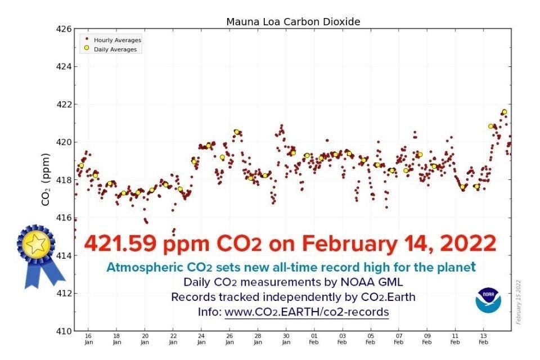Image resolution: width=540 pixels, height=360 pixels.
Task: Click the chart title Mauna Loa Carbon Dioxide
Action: pos(292,22)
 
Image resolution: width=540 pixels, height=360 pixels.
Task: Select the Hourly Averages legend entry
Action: pos(117,40)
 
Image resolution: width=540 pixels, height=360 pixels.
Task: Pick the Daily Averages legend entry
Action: pos(115,49)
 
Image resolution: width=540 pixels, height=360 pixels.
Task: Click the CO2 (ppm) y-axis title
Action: pos(47,179)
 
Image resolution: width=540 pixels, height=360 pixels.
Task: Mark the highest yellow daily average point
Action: pos(504,112)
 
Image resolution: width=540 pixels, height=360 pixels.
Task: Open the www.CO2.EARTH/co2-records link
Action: pos(307,311)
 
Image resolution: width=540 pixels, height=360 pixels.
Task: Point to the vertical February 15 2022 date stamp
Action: pos(519,300)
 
